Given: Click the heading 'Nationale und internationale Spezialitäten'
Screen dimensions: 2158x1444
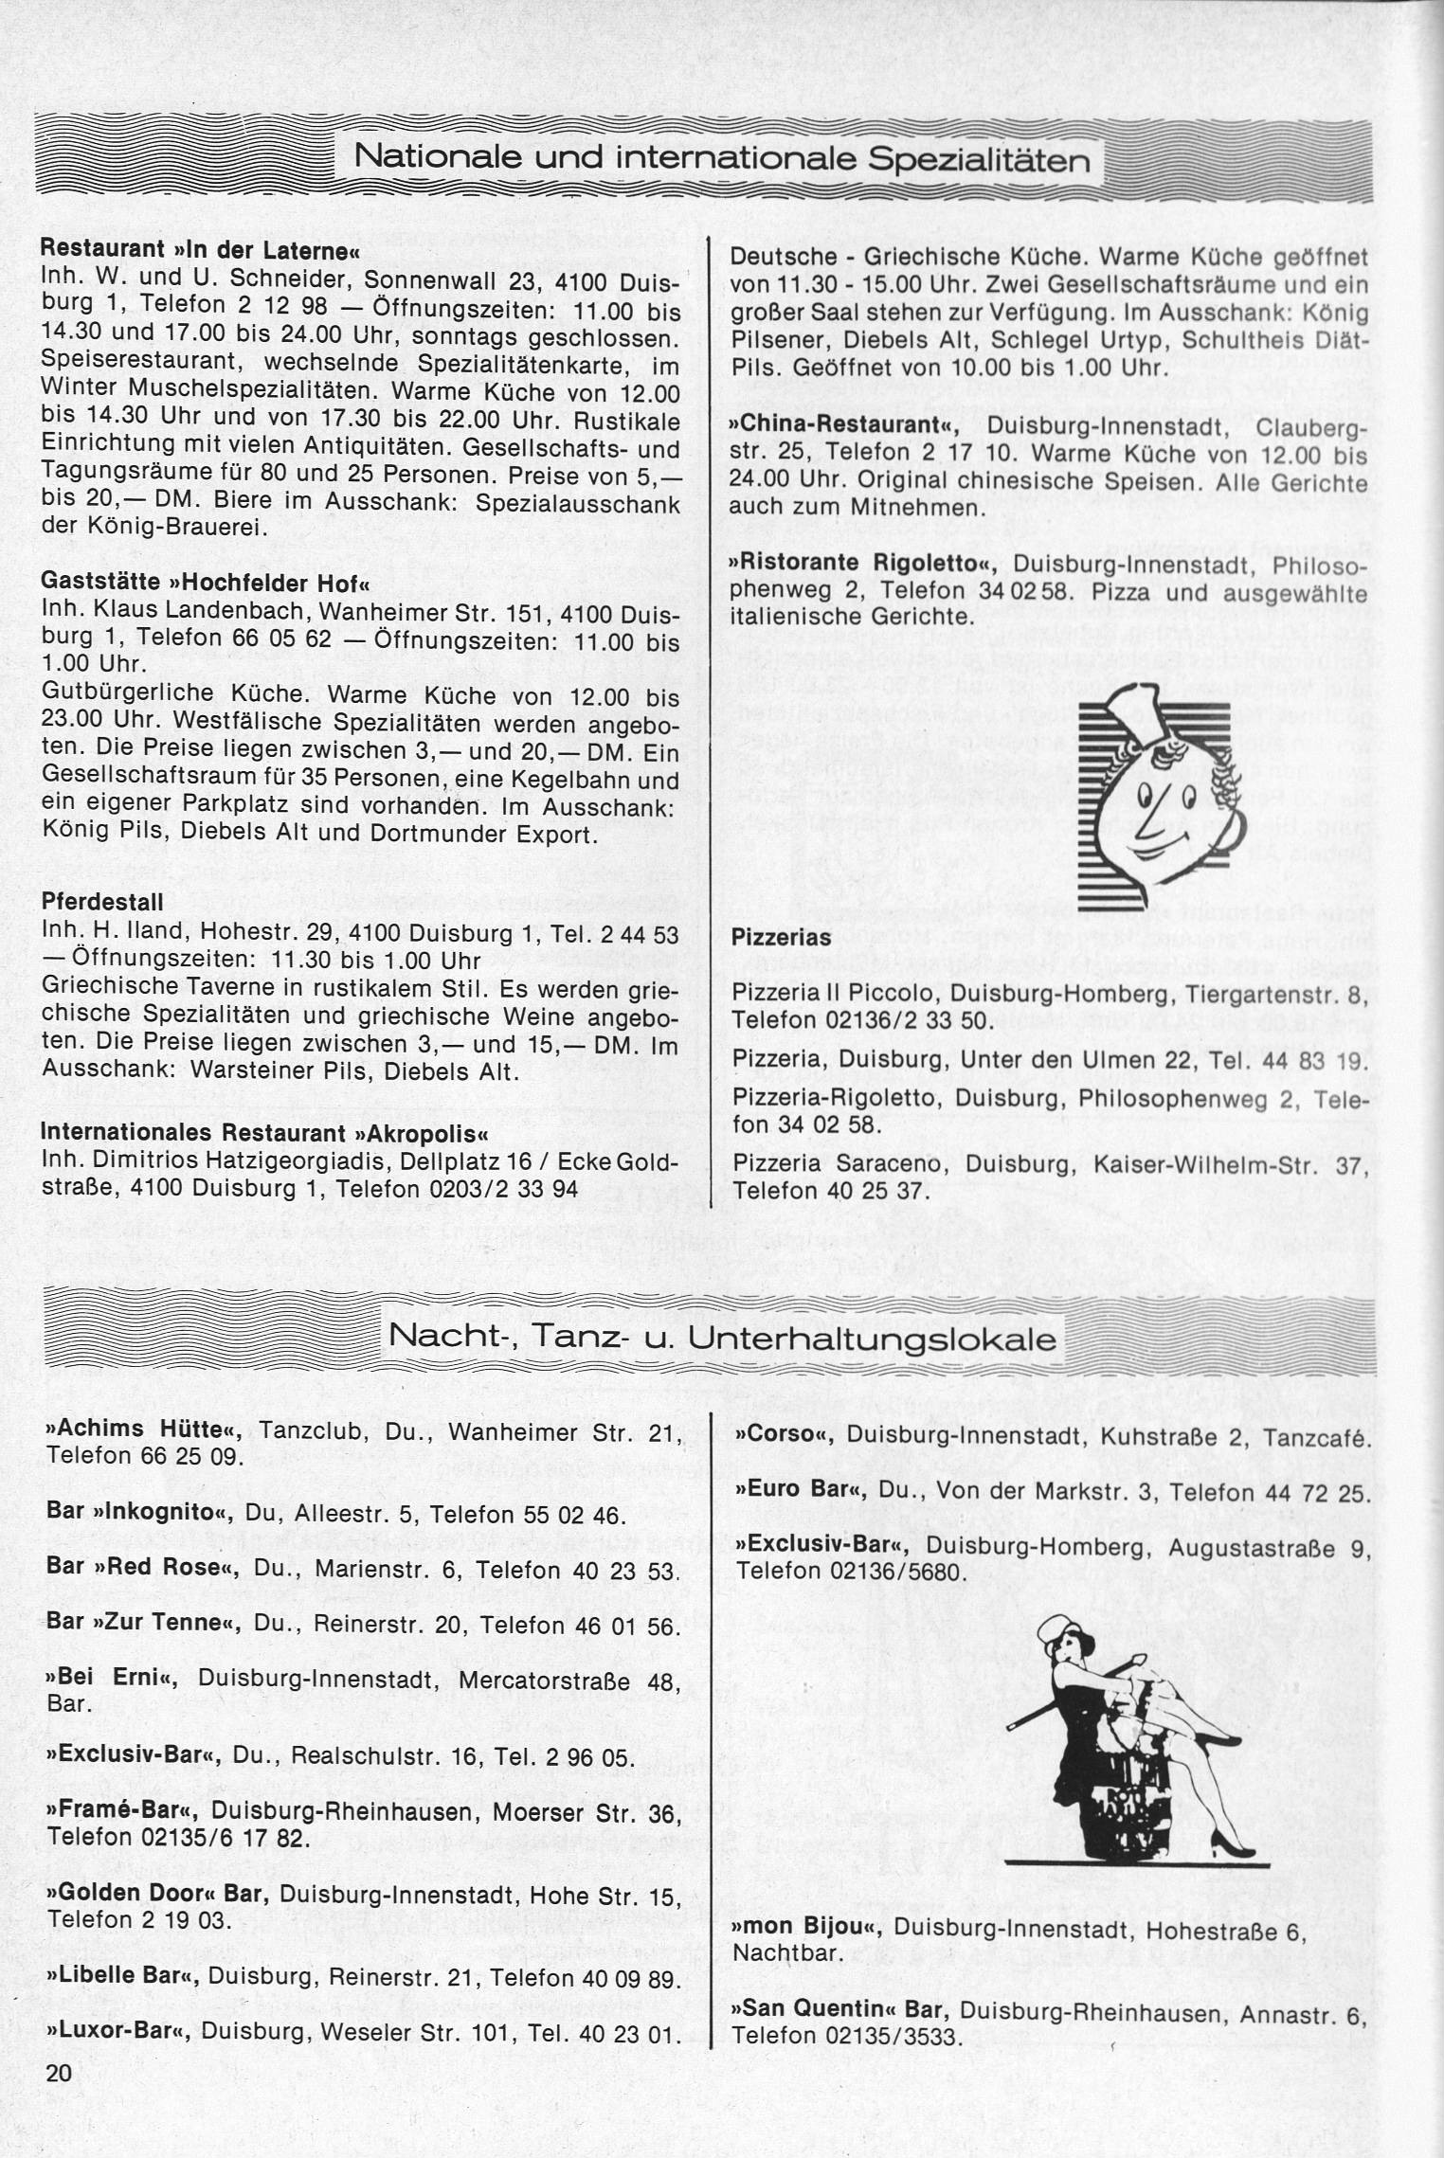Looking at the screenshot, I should (x=721, y=159).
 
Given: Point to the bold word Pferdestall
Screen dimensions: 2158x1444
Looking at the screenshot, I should (x=102, y=901).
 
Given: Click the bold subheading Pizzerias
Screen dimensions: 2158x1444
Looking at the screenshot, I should (x=782, y=938).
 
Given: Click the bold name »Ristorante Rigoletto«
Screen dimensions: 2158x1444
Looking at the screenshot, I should (x=865, y=565).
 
